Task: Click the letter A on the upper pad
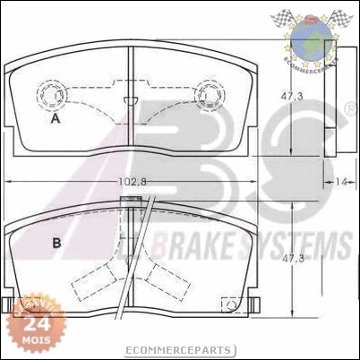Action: (56, 118)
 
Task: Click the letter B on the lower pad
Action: (56, 243)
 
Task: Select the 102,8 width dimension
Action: (132, 183)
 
